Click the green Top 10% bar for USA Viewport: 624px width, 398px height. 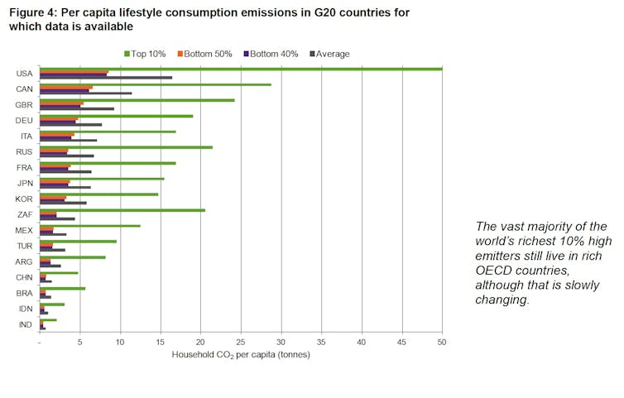[x=240, y=69]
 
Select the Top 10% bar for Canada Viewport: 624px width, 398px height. [x=156, y=84]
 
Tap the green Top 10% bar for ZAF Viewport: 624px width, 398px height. [x=122, y=210]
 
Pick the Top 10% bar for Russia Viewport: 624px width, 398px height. [x=126, y=147]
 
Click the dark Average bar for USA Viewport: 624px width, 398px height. [x=106, y=78]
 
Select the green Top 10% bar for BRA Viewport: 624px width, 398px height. [x=62, y=289]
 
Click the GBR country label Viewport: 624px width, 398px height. [x=24, y=104]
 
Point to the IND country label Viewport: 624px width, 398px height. [x=25, y=324]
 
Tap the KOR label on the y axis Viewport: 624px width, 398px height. [x=24, y=199]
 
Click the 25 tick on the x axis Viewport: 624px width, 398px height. [x=241, y=342]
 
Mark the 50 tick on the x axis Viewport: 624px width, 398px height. [x=442, y=342]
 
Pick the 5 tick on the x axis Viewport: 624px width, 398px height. [x=80, y=342]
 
